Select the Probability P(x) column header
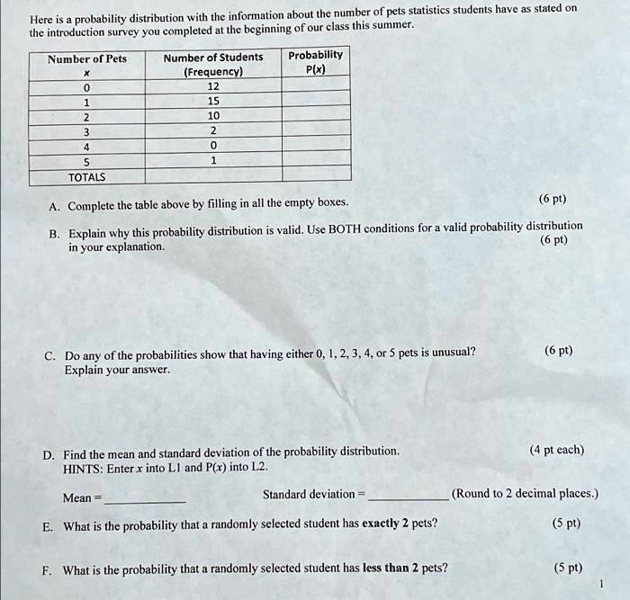click(315, 62)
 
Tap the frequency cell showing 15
click(213, 102)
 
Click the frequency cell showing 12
click(213, 86)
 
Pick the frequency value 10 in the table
click(213, 117)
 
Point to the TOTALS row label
click(87, 177)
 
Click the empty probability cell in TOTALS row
click(315, 175)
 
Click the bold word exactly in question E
click(380, 524)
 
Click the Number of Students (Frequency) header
click(213, 65)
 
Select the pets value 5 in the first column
click(86, 161)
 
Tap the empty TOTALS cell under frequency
click(213, 175)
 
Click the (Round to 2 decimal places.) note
click(525, 494)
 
